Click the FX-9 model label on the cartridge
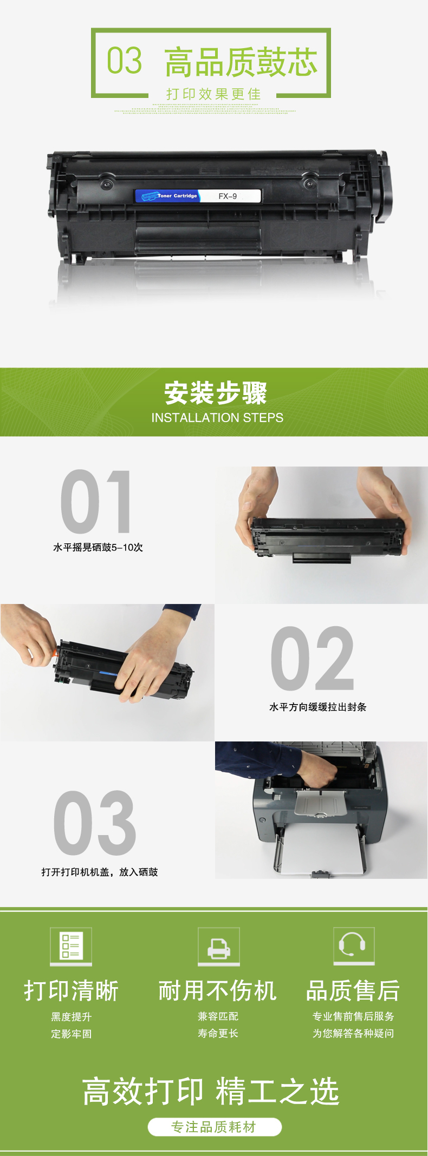pyautogui.click(x=228, y=196)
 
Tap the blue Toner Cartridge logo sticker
pyautogui.click(x=168, y=196)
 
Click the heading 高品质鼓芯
pyautogui.click(x=241, y=62)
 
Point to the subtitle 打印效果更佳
pyautogui.click(x=214, y=94)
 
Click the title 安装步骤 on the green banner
pyautogui.click(x=216, y=393)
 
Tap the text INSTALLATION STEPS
pyautogui.click(x=217, y=418)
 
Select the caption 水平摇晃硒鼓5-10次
pyautogui.click(x=98, y=547)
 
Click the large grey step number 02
pyautogui.click(x=313, y=658)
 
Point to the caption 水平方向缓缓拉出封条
pyautogui.click(x=318, y=707)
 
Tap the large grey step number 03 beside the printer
pyautogui.click(x=95, y=823)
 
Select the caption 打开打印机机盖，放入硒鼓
pyautogui.click(x=100, y=872)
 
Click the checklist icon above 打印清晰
pyautogui.click(x=71, y=946)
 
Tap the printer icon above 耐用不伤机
pyautogui.click(x=219, y=946)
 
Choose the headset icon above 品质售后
pyautogui.click(x=354, y=946)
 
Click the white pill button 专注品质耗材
pyautogui.click(x=215, y=1127)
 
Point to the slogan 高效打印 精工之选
pyautogui.click(x=211, y=1091)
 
